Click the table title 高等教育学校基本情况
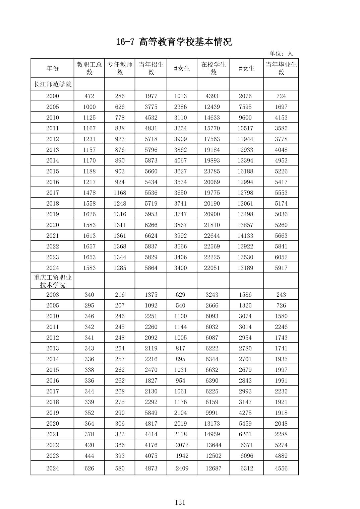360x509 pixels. point(174,42)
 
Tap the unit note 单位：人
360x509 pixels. point(281,54)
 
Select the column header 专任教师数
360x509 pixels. point(120,68)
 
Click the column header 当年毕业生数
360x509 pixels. point(281,68)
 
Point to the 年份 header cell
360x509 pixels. point(52,68)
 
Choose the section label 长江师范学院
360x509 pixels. point(52,84)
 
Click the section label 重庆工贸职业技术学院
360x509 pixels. point(52,281)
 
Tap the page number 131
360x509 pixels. point(180,502)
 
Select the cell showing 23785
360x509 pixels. point(212,171)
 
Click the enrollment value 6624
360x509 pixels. point(151,235)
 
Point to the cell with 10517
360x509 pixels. point(245,128)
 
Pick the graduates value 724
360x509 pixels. point(281,96)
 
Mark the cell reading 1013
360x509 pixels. point(180,96)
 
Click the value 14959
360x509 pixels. point(212,434)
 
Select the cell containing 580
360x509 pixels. point(120,468)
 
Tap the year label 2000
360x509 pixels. point(52,96)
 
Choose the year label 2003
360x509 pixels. point(52,295)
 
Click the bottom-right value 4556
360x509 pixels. point(281,468)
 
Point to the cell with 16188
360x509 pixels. point(245,171)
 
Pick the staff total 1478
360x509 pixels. point(89,193)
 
